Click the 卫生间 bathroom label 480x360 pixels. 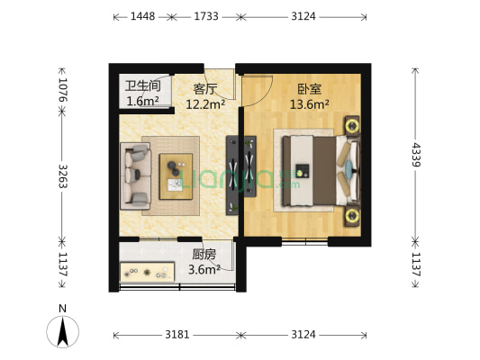point(142,86)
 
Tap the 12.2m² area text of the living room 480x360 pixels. point(204,103)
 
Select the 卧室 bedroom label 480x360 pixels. point(309,88)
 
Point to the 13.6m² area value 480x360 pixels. point(309,103)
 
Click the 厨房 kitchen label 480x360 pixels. point(204,254)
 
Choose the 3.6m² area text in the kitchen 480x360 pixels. point(204,268)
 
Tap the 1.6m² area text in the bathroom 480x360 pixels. point(142,101)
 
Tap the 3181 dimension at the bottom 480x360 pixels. point(177,335)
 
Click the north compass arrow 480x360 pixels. point(63,332)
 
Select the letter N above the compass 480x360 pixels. point(63,309)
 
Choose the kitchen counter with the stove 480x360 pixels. point(148,269)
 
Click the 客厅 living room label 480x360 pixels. point(204,88)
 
